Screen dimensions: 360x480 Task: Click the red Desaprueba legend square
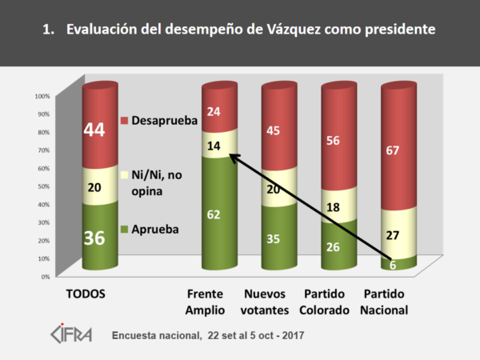point(124,120)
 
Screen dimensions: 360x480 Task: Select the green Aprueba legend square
point(124,228)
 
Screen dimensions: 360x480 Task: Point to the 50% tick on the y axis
point(42,186)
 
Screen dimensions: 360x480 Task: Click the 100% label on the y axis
point(42,95)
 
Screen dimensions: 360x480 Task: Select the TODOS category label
point(84,294)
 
